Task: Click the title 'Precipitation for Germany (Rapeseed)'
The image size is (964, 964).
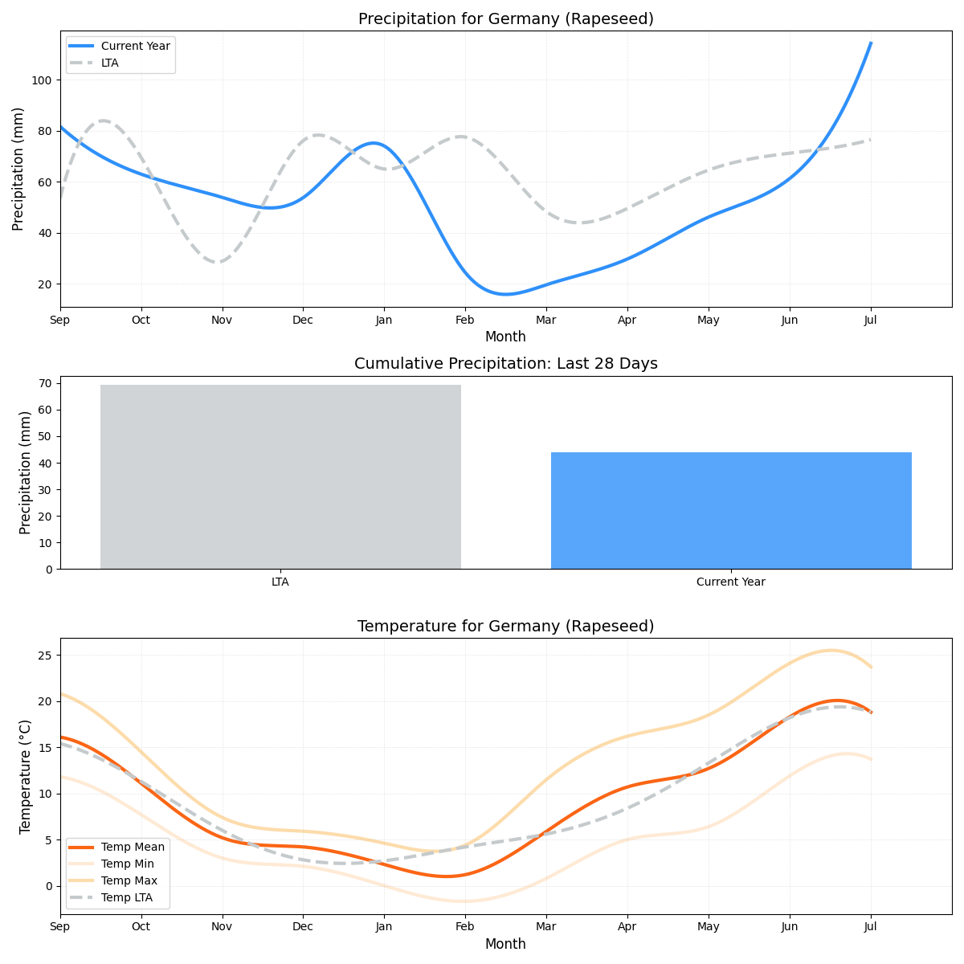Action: point(505,18)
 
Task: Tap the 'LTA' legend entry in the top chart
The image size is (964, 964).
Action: point(109,63)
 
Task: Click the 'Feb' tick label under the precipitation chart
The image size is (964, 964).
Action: point(465,321)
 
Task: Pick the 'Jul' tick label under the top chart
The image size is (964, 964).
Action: point(870,321)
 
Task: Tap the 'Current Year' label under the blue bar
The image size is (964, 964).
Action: point(731,582)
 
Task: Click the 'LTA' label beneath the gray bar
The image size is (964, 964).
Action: point(280,582)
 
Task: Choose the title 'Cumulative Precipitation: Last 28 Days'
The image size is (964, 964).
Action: point(505,364)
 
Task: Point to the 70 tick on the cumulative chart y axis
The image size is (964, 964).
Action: point(46,383)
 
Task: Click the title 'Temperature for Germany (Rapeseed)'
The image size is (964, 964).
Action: point(505,626)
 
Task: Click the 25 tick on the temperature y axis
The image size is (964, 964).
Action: point(46,656)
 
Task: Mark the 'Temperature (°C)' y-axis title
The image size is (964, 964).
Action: point(26,776)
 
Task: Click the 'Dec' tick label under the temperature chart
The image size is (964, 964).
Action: point(303,927)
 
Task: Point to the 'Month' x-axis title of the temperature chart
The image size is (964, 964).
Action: point(505,944)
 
